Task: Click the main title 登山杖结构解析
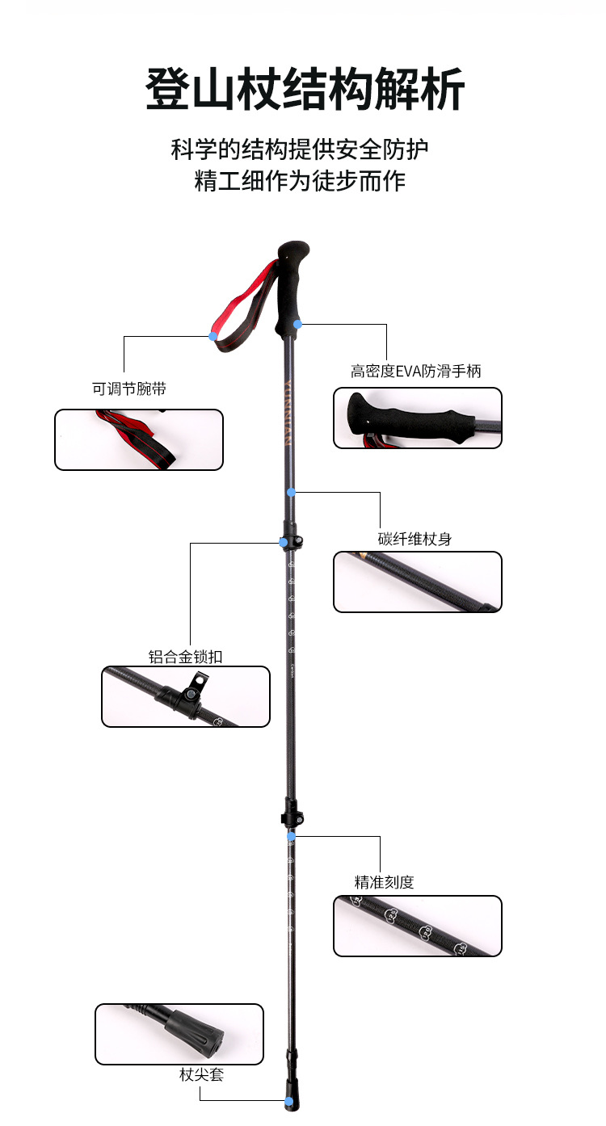(305, 89)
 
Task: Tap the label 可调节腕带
(129, 389)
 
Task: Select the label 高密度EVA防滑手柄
(415, 372)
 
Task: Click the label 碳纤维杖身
(415, 539)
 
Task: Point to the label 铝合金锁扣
(185, 657)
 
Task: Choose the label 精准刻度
(384, 882)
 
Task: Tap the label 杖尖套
(201, 1075)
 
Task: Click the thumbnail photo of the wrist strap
(138, 439)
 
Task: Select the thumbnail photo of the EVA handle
(418, 418)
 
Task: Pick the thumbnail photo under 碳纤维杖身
(418, 582)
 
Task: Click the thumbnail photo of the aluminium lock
(186, 696)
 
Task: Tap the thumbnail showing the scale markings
(418, 926)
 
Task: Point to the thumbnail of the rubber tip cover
(179, 1034)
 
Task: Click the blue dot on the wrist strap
(213, 336)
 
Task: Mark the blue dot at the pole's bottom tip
(287, 1100)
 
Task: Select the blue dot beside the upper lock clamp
(283, 543)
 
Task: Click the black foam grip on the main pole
(292, 287)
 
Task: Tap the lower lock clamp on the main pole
(292, 811)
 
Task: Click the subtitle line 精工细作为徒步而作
(300, 180)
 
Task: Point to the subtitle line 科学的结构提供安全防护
(300, 149)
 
